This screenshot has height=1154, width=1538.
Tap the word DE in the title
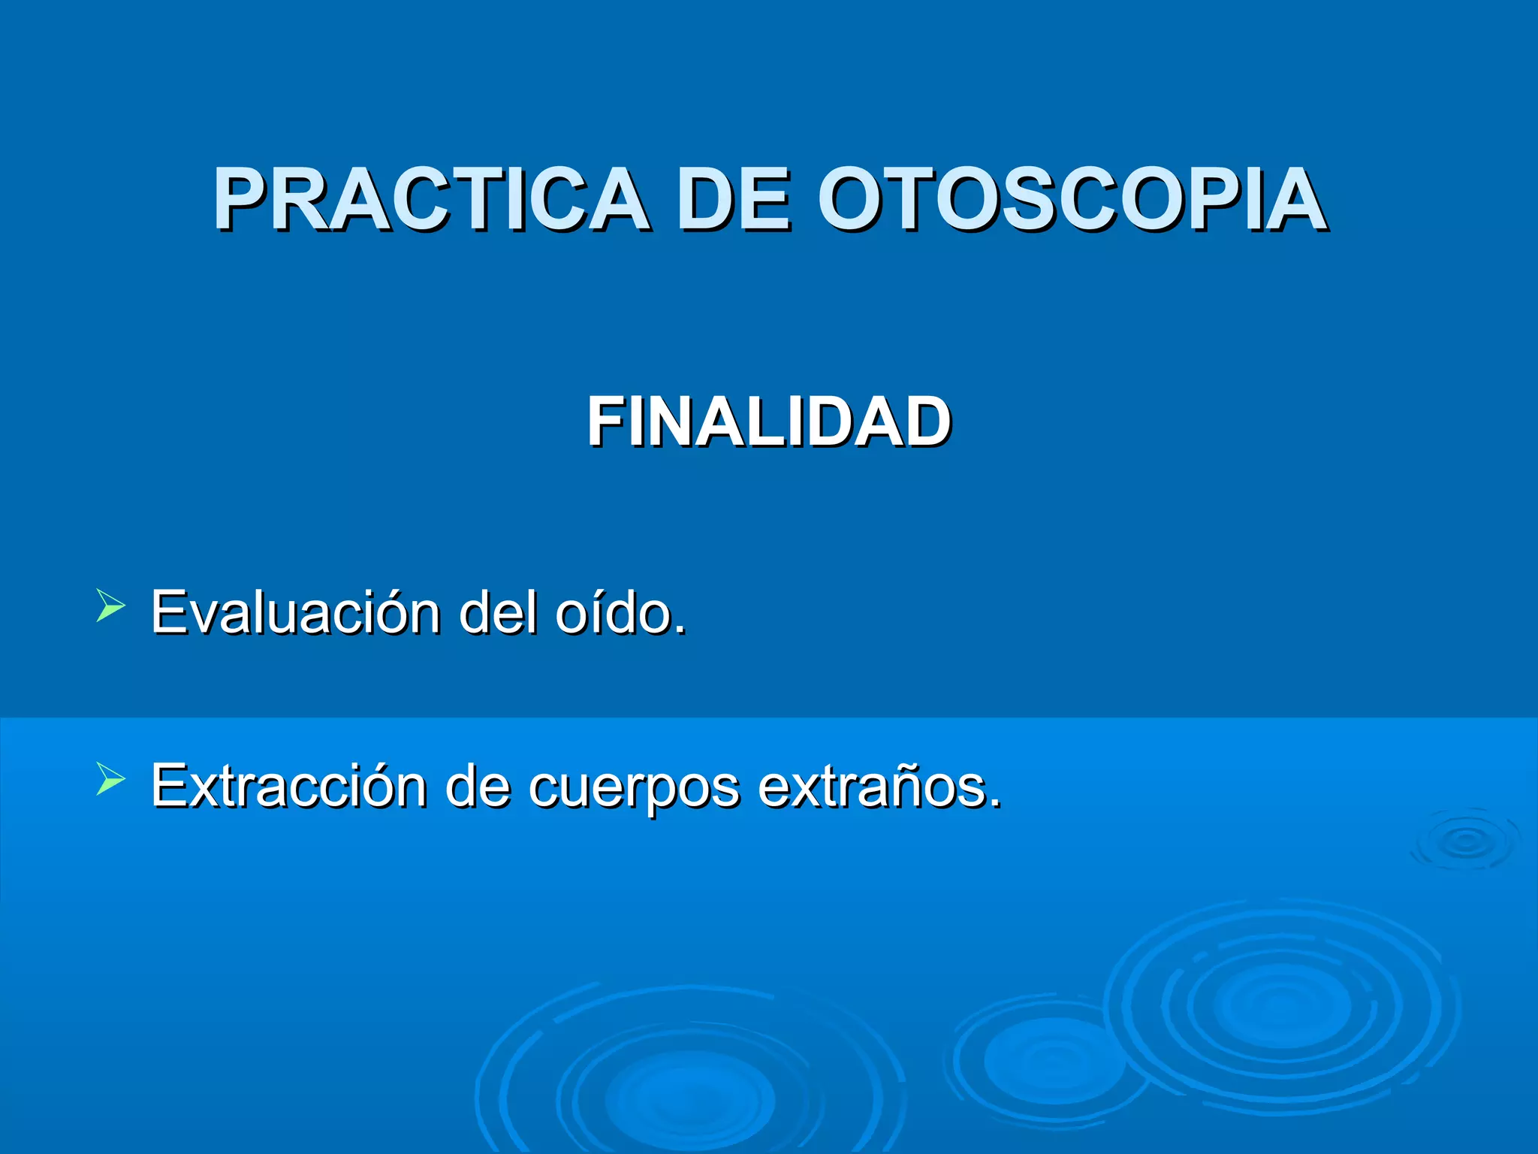(x=733, y=199)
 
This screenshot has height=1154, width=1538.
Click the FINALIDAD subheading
(x=769, y=422)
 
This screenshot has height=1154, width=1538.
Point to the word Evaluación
(x=295, y=612)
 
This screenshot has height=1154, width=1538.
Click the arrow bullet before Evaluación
(x=110, y=606)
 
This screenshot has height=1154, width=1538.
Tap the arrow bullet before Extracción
(x=110, y=779)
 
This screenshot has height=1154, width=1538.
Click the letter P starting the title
(x=239, y=199)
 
